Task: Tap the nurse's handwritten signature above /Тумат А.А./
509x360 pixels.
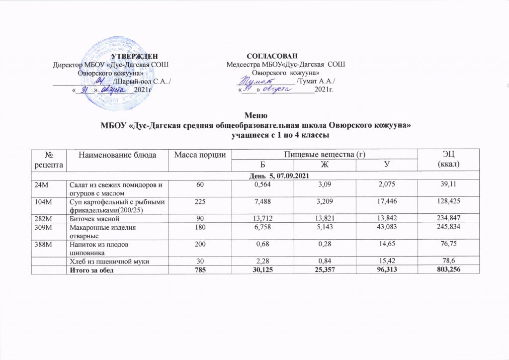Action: click(258, 79)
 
